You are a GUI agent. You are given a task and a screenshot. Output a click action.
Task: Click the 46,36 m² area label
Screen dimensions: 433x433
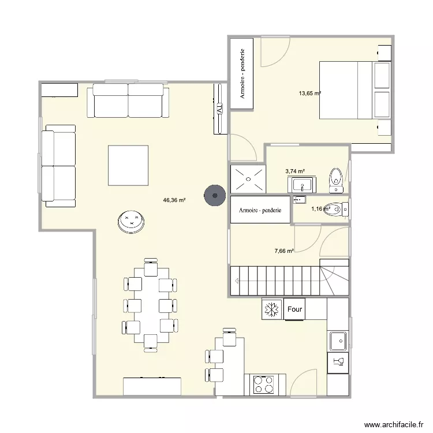(174, 200)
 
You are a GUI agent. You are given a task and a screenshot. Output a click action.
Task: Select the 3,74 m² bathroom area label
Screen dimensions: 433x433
(295, 171)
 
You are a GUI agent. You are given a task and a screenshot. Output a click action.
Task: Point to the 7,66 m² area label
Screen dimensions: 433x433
(284, 251)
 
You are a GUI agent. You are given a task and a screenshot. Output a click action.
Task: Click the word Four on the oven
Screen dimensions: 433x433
(294, 309)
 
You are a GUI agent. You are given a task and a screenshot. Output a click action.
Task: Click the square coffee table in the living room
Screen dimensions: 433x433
(128, 165)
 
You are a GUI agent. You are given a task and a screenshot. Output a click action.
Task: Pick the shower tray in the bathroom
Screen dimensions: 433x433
(248, 178)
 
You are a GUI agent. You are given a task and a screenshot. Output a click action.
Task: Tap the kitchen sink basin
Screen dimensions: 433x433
(337, 341)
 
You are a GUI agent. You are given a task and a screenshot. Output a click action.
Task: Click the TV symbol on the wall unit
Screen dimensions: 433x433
(219, 108)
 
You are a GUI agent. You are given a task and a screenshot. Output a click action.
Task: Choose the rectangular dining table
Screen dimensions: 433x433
(150, 305)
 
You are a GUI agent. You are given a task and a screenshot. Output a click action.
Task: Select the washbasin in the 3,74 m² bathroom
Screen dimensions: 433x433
(300, 185)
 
